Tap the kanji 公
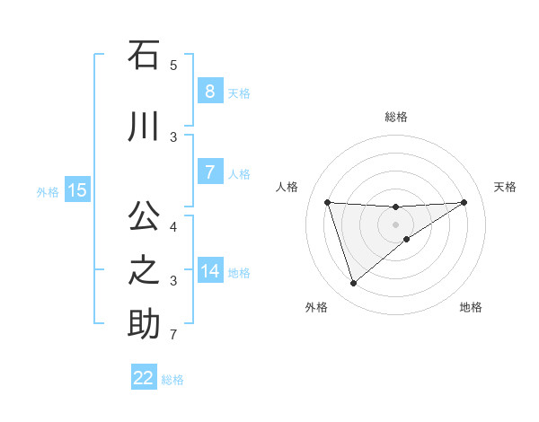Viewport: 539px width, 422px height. (x=144, y=216)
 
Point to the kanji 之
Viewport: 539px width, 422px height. (x=144, y=270)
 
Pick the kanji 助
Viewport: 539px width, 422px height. (x=144, y=324)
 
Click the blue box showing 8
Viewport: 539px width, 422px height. (x=209, y=91)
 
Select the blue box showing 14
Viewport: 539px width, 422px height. (x=209, y=271)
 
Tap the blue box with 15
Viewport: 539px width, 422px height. (x=77, y=189)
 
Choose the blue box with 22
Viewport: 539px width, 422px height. (x=144, y=378)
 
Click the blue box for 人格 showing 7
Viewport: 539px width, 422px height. (x=209, y=171)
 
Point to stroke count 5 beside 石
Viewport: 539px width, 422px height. (x=173, y=66)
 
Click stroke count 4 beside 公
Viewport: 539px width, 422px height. (x=173, y=226)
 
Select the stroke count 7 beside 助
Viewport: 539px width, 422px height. (x=173, y=336)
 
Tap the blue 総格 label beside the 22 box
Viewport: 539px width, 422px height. (x=172, y=380)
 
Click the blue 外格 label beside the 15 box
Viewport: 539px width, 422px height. (x=48, y=191)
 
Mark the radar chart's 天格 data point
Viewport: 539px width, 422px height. (x=464, y=202)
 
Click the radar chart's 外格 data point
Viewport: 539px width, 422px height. (x=353, y=284)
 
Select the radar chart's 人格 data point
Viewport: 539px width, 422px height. (x=327, y=202)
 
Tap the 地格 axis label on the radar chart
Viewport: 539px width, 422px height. (x=471, y=307)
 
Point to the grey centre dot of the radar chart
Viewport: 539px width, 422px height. (x=395, y=224)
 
